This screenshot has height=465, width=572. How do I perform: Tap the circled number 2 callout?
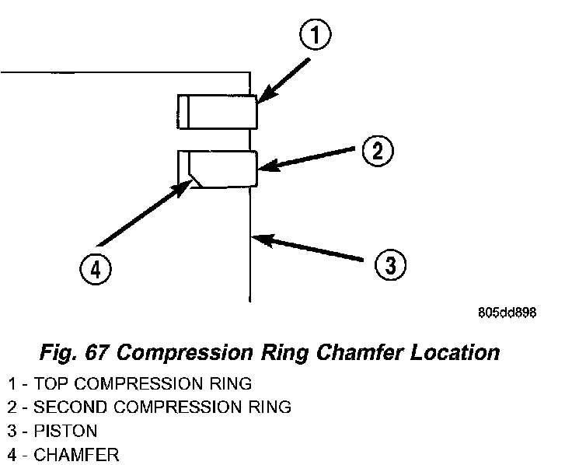(x=376, y=152)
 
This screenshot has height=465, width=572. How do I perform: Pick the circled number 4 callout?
(x=95, y=270)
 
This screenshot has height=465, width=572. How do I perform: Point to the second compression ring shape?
(x=221, y=168)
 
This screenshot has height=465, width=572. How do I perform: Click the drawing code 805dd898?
(x=507, y=313)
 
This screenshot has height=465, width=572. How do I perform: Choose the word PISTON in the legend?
(x=65, y=430)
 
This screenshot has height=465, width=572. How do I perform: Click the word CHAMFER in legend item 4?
(x=76, y=454)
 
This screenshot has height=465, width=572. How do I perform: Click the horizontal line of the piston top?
(x=124, y=72)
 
